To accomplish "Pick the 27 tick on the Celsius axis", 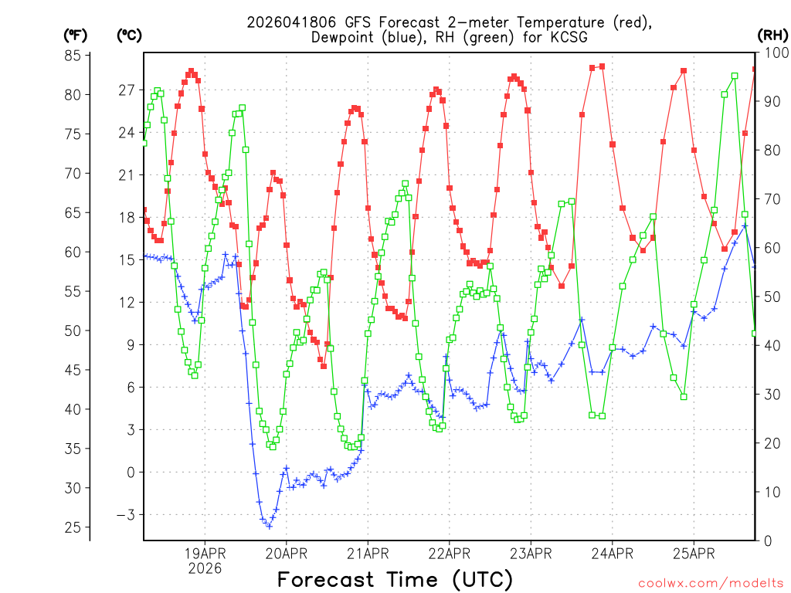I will (x=126, y=90).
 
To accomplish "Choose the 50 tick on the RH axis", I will (x=771, y=296).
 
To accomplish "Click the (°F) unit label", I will (x=76, y=35).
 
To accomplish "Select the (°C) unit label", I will (x=129, y=35).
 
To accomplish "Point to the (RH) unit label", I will (x=772, y=35).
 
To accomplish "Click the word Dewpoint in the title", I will (x=345, y=37).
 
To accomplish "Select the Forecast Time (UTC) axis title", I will (x=395, y=579).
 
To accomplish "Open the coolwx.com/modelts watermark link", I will (x=711, y=583).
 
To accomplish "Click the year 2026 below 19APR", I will (x=204, y=568).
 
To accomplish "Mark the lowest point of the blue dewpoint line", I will (x=269, y=525).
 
